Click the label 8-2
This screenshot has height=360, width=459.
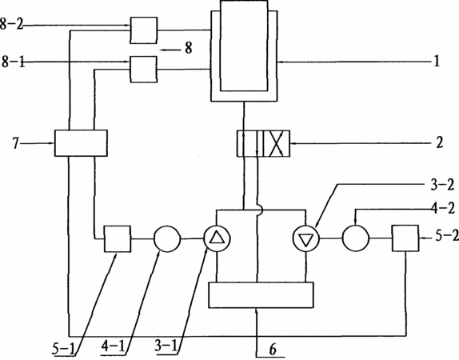pyautogui.click(x=11, y=24)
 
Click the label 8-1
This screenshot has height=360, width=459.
pyautogui.click(x=14, y=62)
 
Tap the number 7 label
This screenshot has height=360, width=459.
pyautogui.click(x=16, y=143)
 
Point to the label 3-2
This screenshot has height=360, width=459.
pyautogui.click(x=442, y=185)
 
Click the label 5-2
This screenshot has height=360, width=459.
pyautogui.click(x=447, y=236)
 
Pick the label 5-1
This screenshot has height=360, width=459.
pyautogui.click(x=63, y=348)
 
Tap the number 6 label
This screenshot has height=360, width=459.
pyautogui.click(x=272, y=350)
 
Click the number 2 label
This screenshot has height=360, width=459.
pyautogui.click(x=439, y=142)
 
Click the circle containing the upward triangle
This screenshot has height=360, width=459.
pyautogui.click(x=217, y=238)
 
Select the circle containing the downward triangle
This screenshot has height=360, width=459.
pyautogui.click(x=306, y=238)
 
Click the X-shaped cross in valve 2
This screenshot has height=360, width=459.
pyautogui.click(x=277, y=143)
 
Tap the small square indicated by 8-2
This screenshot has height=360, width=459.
pyautogui.click(x=143, y=30)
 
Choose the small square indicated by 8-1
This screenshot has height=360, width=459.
pyautogui.click(x=143, y=69)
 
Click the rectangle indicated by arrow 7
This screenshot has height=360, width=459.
pyautogui.click(x=81, y=143)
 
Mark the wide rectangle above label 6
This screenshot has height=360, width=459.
pyautogui.click(x=261, y=295)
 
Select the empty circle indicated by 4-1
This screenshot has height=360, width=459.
pyautogui.click(x=167, y=238)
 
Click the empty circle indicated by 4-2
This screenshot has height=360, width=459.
pyautogui.click(x=356, y=238)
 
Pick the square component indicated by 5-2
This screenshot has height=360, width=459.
pyautogui.click(x=405, y=238)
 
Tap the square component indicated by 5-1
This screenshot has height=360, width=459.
pyautogui.click(x=118, y=238)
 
